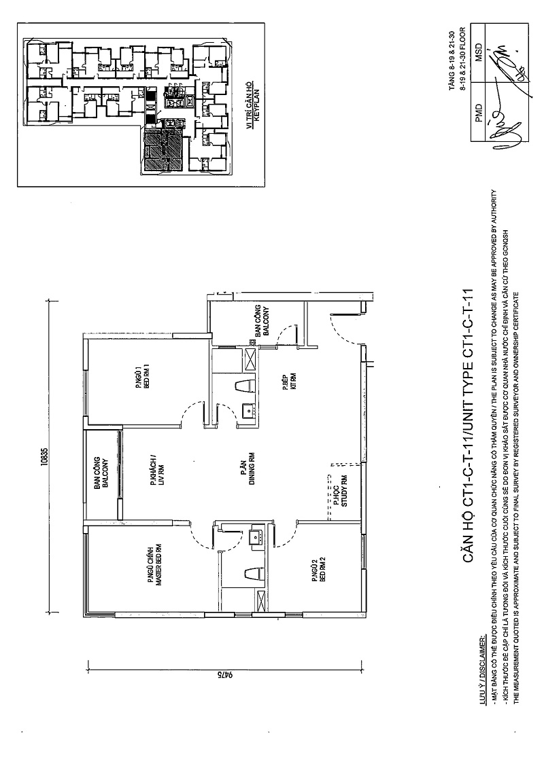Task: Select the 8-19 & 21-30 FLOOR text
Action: point(462,58)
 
